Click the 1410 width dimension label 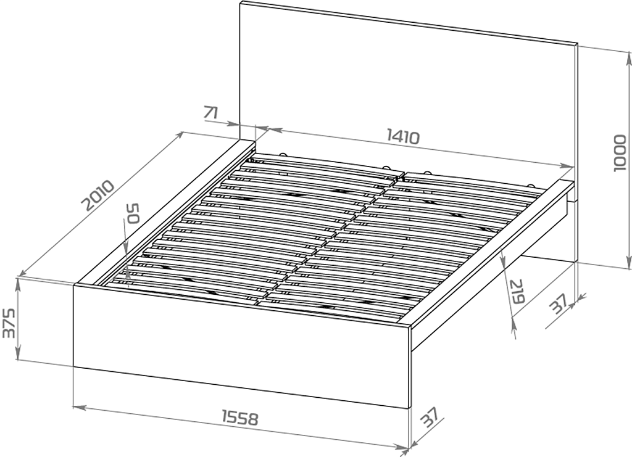pos(403,136)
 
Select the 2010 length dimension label pos(98,196)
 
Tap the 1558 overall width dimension pos(239,418)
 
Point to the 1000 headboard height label pos(620,154)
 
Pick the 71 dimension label pos(211,112)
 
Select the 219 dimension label pos(517,291)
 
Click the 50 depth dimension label pos(133,213)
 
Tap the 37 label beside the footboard pos(428,418)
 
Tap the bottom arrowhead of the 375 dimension pos(18,355)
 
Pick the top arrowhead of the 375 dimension pos(18,284)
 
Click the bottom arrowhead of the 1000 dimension pos(628,261)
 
